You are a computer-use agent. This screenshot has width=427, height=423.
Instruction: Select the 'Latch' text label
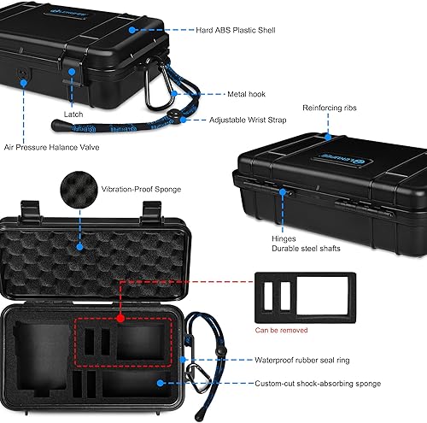tap(73, 113)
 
